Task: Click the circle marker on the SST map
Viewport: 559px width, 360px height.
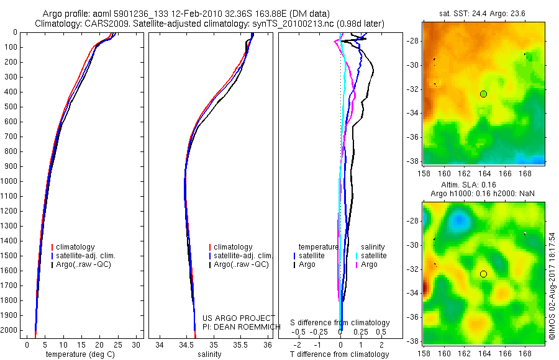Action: tap(483, 94)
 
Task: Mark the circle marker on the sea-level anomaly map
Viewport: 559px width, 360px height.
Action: tap(483, 274)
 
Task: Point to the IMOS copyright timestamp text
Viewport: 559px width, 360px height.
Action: tap(552, 286)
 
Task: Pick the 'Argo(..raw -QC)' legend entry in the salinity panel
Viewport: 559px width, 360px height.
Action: tap(241, 264)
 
